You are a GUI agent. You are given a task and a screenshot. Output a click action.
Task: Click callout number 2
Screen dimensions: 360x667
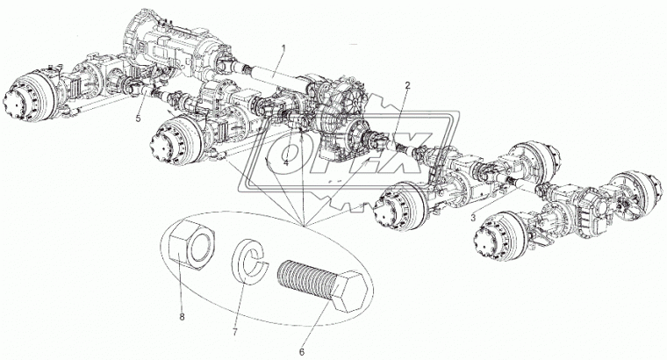pyautogui.click(x=407, y=86)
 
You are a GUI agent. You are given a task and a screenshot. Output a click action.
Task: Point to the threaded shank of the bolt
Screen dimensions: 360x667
pyautogui.click(x=305, y=278)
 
